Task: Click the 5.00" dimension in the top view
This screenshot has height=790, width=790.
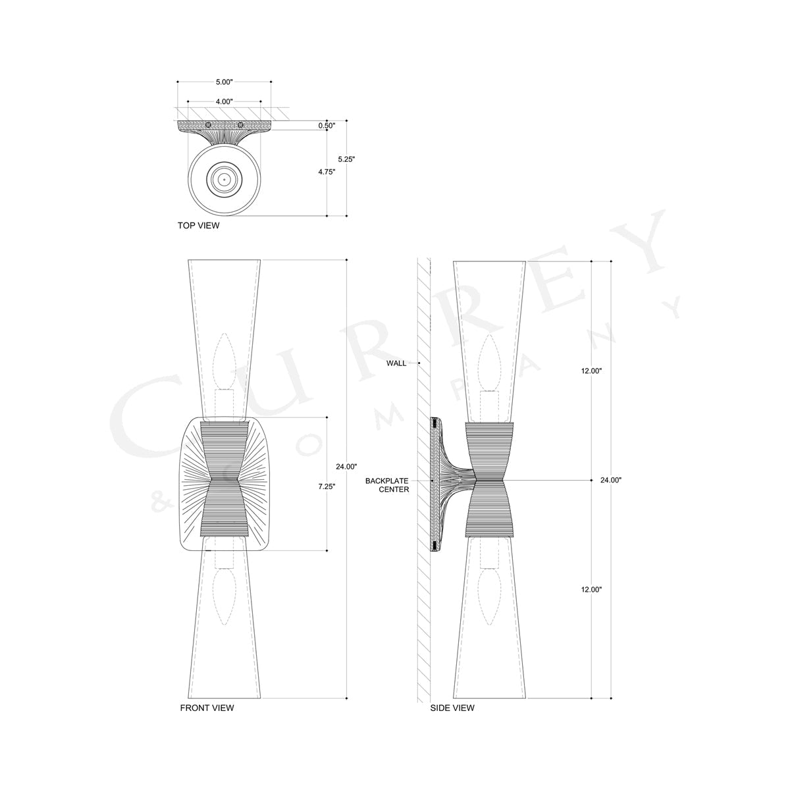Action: click(224, 82)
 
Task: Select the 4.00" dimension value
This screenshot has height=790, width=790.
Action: click(224, 102)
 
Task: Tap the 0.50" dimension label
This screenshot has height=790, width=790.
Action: click(327, 125)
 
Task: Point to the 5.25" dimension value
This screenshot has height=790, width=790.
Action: click(346, 159)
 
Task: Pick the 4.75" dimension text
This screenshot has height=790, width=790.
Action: click(327, 172)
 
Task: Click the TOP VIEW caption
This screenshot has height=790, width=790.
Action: click(198, 226)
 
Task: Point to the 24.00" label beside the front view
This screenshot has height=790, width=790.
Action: click(347, 467)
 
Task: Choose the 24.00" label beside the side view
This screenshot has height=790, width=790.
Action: click(611, 480)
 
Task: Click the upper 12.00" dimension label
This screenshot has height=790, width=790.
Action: click(592, 371)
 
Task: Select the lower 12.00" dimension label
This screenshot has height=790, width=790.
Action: click(592, 590)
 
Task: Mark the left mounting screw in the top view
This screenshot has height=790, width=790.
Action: click(208, 125)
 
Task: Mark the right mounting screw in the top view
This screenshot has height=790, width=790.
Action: click(241, 125)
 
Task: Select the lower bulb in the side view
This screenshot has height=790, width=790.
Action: click(488, 599)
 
